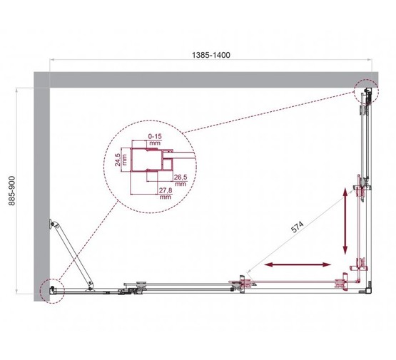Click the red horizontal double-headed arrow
(300, 266)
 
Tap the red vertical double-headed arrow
(347, 221)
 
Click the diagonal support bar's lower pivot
(90, 287)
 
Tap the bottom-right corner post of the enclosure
(367, 287)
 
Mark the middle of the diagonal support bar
(71, 255)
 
